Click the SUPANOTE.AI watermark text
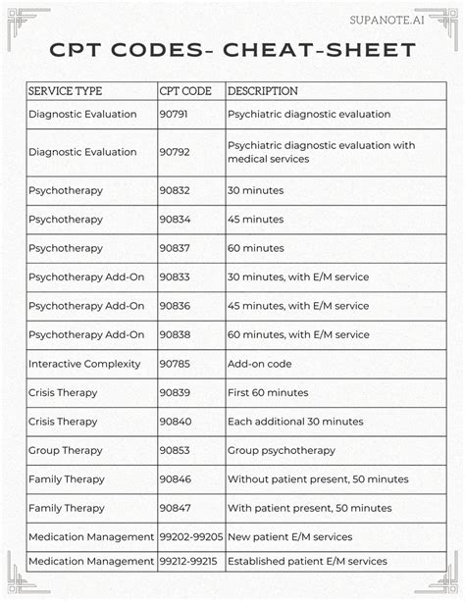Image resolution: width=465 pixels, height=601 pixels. point(392,19)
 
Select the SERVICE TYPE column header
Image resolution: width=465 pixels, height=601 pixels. point(66,91)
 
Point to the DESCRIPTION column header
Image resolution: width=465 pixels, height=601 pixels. point(263,91)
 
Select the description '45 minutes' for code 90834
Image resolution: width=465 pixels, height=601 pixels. point(256,220)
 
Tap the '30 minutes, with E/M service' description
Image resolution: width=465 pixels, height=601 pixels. point(298,277)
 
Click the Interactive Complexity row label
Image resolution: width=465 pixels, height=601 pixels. point(84,364)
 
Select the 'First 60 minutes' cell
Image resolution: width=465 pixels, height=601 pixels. point(268,393)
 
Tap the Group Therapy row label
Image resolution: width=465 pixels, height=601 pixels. point(66,451)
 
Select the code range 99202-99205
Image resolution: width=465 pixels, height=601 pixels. point(190,537)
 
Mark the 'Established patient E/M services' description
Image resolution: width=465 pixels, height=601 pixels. point(307,562)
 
